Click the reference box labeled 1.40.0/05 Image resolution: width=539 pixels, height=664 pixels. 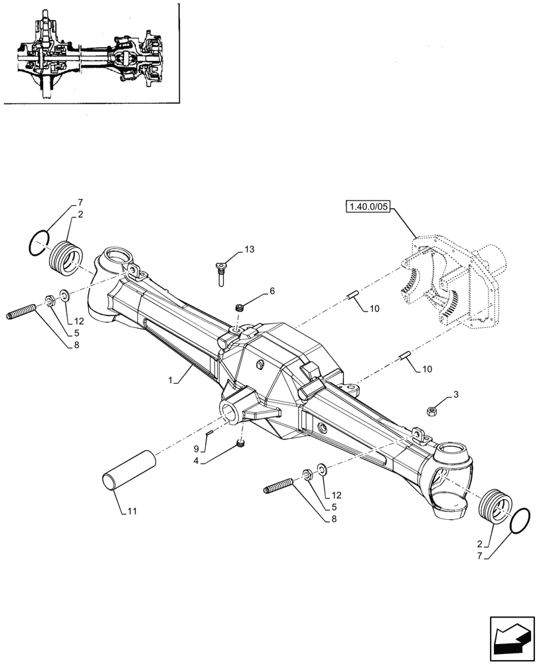pos(368,208)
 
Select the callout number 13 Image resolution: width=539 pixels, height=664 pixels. pos(249,249)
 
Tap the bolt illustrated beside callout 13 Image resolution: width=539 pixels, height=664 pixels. pos(220,274)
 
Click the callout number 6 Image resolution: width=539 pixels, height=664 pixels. pos(272,291)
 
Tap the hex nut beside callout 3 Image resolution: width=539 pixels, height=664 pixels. pos(431,412)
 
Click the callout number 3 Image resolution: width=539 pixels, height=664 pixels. pos(457,396)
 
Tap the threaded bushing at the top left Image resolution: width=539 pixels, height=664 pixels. pos(66,254)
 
